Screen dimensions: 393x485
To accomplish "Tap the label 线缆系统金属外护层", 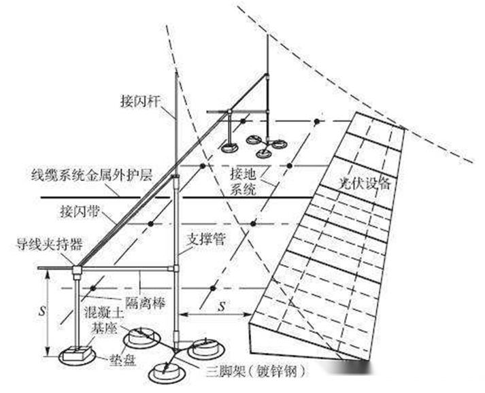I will tap(86, 175).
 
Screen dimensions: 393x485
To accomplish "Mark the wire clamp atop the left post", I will tap(77, 271).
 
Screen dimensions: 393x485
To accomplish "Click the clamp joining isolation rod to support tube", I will tap(176, 269).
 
